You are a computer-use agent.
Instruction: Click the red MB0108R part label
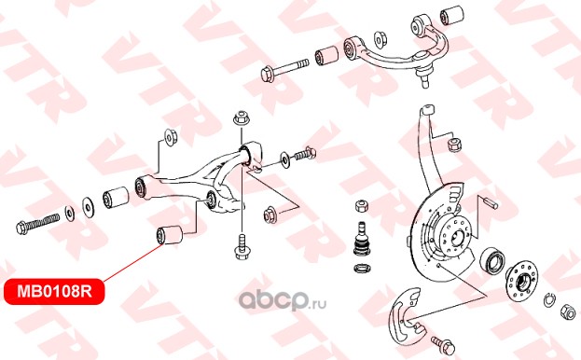pos(54,292)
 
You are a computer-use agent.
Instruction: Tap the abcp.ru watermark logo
pos(283,299)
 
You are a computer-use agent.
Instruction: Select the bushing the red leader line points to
pos(170,235)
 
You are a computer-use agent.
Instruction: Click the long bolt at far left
pos(38,223)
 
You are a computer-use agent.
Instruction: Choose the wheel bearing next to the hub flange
pos(492,259)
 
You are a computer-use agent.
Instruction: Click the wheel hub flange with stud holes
pos(521,279)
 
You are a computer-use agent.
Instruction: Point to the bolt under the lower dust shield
pos(443,343)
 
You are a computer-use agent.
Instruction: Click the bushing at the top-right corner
pos(452,15)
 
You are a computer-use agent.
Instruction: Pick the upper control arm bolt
pos(284,70)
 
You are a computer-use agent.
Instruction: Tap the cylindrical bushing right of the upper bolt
pos(326,55)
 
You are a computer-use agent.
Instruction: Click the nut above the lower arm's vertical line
pos(242,118)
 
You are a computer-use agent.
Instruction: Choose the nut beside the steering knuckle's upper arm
pos(455,144)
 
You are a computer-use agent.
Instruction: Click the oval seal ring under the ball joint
pos(362,269)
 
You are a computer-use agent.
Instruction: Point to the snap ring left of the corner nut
pos(549,299)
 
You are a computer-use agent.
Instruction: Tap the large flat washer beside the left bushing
pos(89,207)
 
